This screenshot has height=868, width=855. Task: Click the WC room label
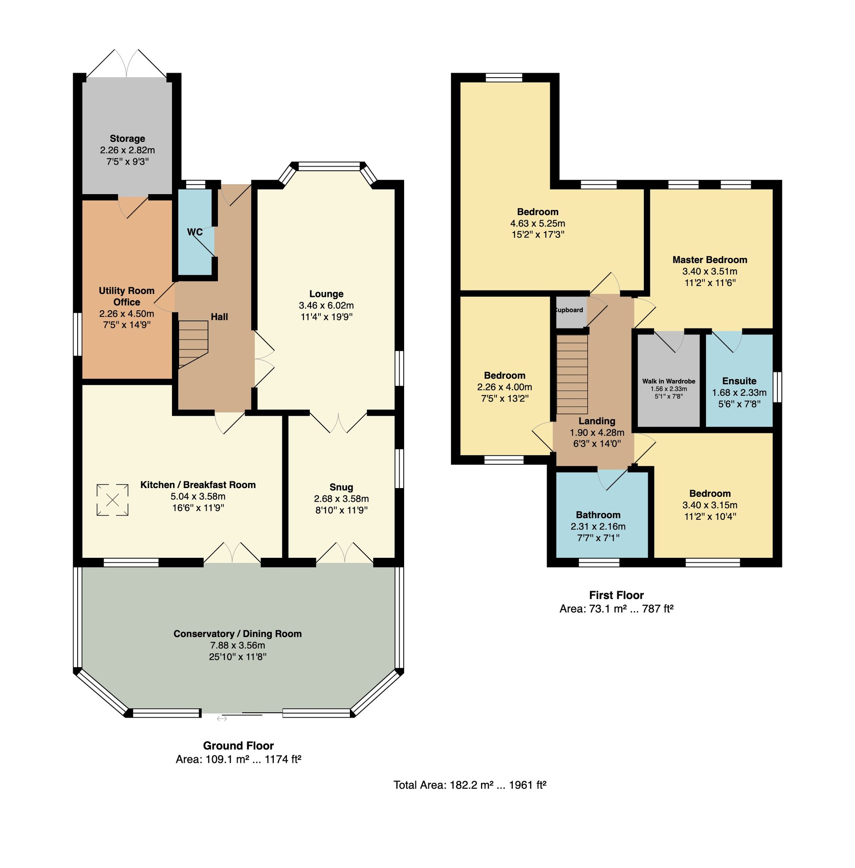pos(195,232)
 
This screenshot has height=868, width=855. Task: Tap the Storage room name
pos(127,138)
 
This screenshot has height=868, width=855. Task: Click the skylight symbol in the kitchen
pos(112,499)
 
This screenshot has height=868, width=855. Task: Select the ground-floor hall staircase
pos(194,344)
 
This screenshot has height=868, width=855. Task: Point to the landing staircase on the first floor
pos(572,374)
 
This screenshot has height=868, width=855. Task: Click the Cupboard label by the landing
pos(569,310)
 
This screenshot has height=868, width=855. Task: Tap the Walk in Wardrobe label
pos(669,381)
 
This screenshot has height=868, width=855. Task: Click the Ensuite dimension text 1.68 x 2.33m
pos(739,392)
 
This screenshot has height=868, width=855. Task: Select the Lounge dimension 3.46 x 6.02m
pos(326,305)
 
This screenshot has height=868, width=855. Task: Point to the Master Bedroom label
pos(710,260)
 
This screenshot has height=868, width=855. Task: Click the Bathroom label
pos(598,515)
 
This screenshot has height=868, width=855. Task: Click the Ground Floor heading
pos(238,745)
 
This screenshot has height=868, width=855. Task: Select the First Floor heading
pos(617,595)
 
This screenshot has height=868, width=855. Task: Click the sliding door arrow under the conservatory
pos(222,719)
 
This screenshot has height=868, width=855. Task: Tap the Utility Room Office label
pos(126,296)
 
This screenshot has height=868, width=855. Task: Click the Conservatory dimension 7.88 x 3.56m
pos(238,645)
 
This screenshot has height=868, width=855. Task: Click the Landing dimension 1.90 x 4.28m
pos(597,433)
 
